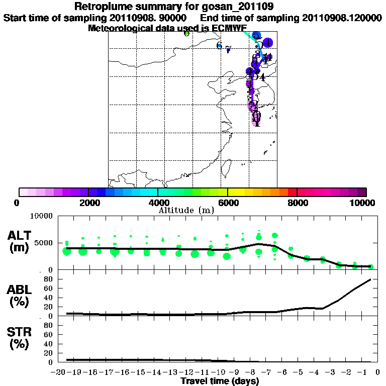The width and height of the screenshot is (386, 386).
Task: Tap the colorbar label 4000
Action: click(158, 203)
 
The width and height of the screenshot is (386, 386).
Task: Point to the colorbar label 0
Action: click(18, 203)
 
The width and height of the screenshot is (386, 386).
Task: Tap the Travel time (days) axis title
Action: click(220, 381)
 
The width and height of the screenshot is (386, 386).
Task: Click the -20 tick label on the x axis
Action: click(59, 372)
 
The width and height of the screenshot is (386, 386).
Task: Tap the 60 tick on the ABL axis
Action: click(49, 288)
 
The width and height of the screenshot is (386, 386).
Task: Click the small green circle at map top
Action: click(187, 34)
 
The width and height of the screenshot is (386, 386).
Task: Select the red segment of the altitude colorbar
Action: click(293, 192)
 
